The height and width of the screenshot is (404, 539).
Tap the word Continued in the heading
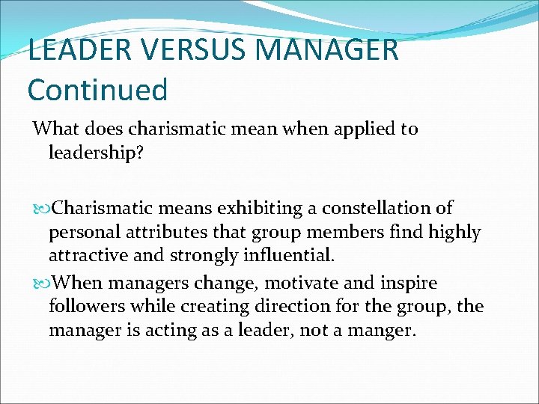pyautogui.click(x=97, y=89)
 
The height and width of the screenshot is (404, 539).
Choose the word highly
pyautogui.click(x=454, y=232)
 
